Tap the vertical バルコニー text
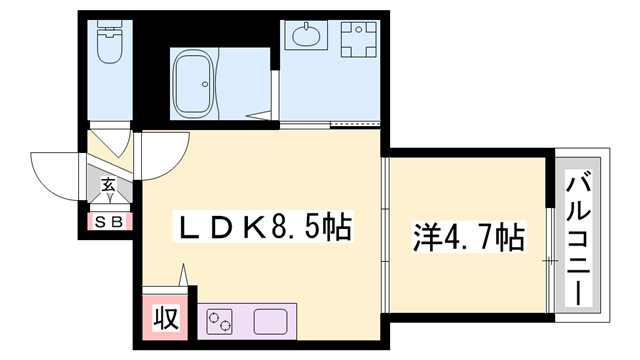(x=578, y=239)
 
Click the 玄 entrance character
(x=107, y=185)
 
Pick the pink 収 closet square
(x=166, y=319)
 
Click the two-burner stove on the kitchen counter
(x=220, y=321)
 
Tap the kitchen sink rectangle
(x=270, y=321)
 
